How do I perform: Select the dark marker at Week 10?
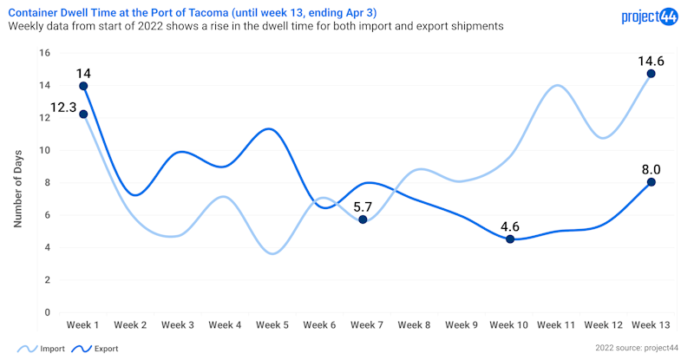(510, 239)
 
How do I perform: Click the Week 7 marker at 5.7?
(363, 219)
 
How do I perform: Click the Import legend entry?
(43, 348)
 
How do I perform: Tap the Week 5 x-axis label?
(273, 324)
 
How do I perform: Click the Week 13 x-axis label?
(650, 324)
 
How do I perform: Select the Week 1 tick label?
(83, 324)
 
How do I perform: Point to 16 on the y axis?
(44, 53)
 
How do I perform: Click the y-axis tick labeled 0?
(47, 312)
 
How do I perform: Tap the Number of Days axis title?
(17, 183)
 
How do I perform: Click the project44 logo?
(651, 16)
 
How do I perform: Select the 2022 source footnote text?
(637, 348)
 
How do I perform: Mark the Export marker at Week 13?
(651, 182)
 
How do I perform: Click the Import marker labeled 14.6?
(651, 74)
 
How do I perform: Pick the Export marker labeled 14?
(83, 86)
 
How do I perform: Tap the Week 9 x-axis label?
(462, 324)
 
